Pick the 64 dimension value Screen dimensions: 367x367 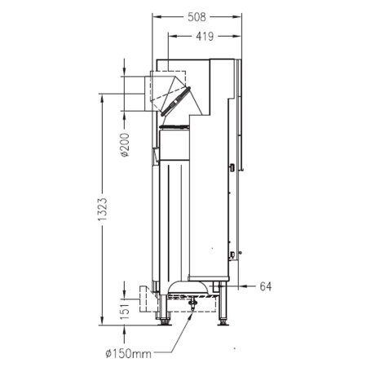265,286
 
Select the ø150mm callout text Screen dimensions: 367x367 128,353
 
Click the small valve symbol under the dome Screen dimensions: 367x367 193,304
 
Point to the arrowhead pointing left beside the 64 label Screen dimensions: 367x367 237,286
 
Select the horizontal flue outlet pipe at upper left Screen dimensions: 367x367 135,93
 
